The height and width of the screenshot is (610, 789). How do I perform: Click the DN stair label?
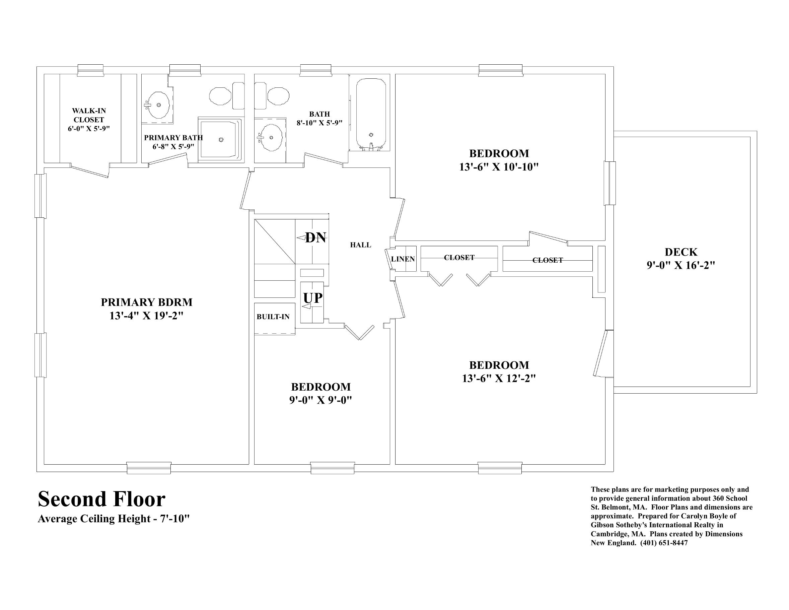315,238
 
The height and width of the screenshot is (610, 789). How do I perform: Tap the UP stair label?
313,298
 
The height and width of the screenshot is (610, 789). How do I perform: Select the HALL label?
361,245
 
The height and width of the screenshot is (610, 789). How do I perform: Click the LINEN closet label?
403,259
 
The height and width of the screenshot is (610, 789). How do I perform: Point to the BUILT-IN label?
273,317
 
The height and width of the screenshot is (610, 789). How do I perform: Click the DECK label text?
681,252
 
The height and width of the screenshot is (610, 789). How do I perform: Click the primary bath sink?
158,105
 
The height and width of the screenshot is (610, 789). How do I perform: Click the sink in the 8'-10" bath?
271,137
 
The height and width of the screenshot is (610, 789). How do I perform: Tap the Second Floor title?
101,499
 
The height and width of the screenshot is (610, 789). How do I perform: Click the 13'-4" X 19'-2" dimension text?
147,316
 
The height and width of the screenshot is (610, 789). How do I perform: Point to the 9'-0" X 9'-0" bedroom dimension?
320,400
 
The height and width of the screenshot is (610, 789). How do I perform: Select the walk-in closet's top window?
91,70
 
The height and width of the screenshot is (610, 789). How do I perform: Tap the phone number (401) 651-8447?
664,543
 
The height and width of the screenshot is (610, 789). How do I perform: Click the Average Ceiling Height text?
114,519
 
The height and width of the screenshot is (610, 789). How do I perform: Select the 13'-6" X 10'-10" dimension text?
499,167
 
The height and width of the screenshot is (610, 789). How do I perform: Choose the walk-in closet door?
90,171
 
